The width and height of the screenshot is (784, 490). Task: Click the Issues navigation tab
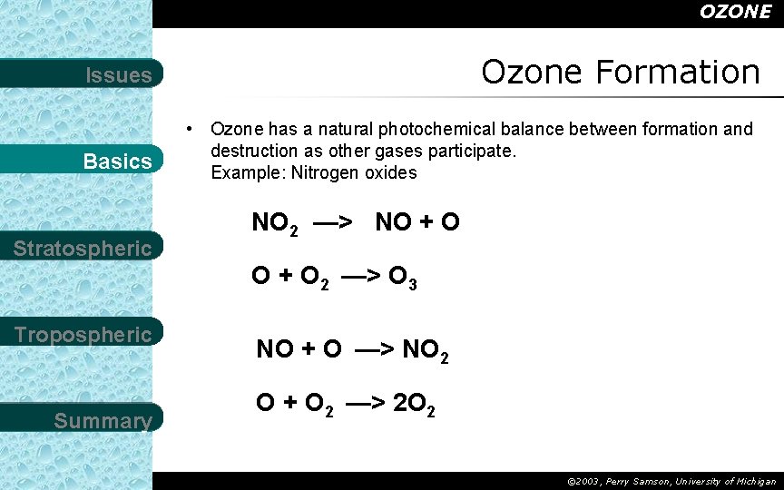click(118, 75)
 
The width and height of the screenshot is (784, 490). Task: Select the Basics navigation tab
click(117, 162)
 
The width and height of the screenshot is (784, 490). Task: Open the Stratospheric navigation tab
click(83, 249)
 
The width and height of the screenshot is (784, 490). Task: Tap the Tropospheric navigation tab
click(83, 335)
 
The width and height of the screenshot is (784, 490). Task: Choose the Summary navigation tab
click(103, 421)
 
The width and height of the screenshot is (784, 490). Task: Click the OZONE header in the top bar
click(735, 12)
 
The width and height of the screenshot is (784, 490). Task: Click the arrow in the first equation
click(332, 222)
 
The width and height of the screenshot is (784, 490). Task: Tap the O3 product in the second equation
click(402, 277)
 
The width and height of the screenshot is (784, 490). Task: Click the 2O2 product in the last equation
click(414, 404)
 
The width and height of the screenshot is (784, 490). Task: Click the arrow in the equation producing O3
click(360, 276)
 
